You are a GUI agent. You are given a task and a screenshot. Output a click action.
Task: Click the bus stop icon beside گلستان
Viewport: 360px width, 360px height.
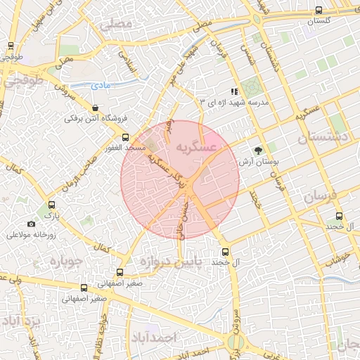[x=320, y=11]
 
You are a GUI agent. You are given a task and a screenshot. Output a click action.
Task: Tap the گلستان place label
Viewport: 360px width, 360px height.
[x=320, y=21]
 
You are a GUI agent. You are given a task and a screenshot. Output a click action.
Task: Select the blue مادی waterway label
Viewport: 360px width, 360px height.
[x=101, y=86]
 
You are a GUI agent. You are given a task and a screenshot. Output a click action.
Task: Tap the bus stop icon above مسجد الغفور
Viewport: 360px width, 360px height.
[x=126, y=138]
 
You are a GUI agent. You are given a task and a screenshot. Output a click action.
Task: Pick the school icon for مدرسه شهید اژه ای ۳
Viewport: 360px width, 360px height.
[x=235, y=91]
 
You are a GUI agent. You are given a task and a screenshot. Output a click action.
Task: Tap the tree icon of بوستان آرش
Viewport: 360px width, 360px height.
[x=259, y=150]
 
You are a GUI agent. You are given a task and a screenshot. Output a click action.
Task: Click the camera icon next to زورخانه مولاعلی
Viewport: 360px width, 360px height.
[x=31, y=224]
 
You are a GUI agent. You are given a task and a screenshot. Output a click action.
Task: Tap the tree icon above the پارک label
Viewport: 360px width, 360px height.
[x=49, y=201]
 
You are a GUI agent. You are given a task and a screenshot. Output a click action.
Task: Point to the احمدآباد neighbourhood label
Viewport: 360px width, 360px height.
[x=150, y=337]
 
